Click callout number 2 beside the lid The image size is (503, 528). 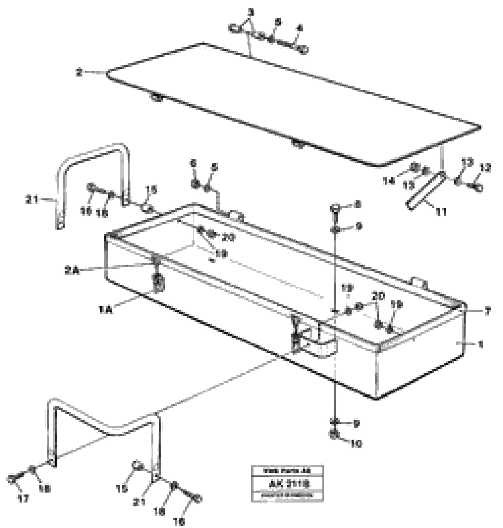pos(79,72)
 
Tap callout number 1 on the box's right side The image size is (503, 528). pos(481,344)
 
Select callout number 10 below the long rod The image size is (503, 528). pos(357,444)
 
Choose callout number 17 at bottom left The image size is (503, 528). pos(23,499)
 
